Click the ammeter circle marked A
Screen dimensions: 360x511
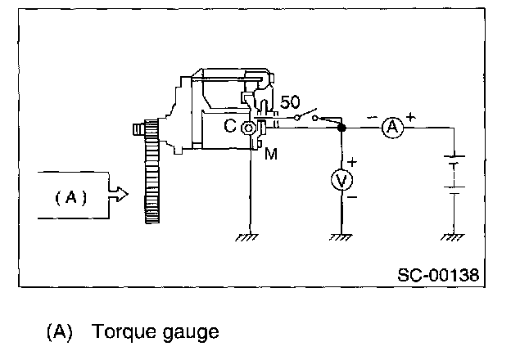coord(392,128)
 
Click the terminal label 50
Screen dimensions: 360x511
coord(289,104)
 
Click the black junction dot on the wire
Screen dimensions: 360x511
coord(341,128)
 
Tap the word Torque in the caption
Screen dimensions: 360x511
coord(120,333)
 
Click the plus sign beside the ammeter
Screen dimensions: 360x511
coord(410,117)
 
